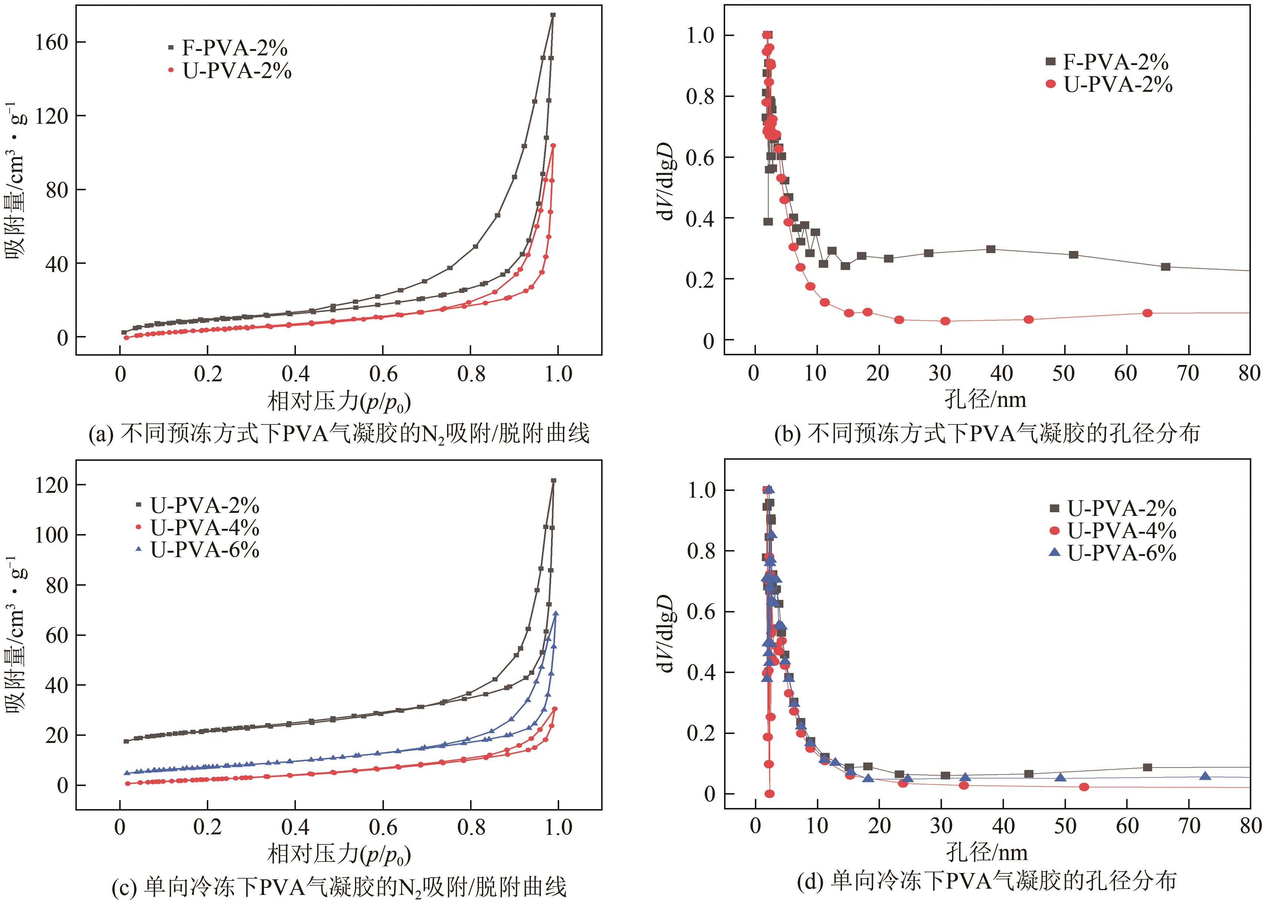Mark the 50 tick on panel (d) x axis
pos(1065,826)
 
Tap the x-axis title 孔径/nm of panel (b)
pos(985,400)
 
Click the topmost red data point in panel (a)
pos(553,146)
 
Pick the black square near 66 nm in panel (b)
pos(1166,266)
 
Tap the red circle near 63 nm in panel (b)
pos(1148,313)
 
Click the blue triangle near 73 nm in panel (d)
pos(1205,775)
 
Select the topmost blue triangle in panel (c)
pos(555,613)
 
